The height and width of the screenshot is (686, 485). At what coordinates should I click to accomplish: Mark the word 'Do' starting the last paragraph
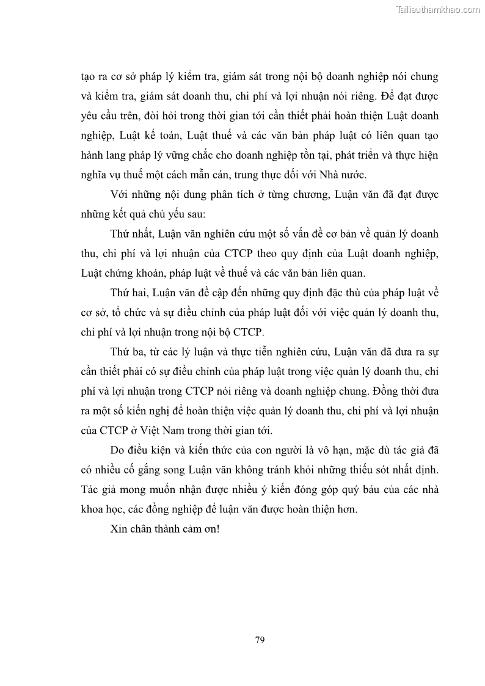point(117,450)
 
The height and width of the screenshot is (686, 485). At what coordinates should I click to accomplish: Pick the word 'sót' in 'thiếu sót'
point(359,470)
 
